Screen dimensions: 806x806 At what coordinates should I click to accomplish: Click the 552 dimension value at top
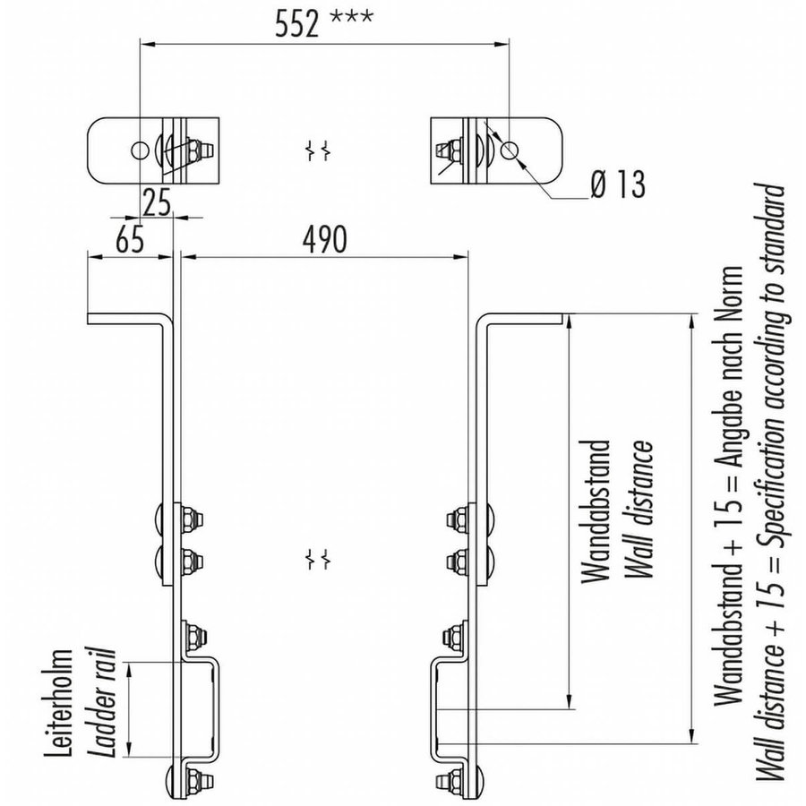click(297, 24)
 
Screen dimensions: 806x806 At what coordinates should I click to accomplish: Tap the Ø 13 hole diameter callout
click(617, 185)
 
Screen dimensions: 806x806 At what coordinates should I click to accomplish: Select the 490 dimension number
click(323, 238)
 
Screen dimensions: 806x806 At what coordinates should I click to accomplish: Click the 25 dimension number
click(157, 204)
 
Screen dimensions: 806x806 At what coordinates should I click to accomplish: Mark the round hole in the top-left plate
click(140, 148)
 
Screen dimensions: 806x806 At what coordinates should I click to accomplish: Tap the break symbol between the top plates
click(315, 150)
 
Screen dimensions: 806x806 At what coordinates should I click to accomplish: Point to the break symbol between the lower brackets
click(315, 559)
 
